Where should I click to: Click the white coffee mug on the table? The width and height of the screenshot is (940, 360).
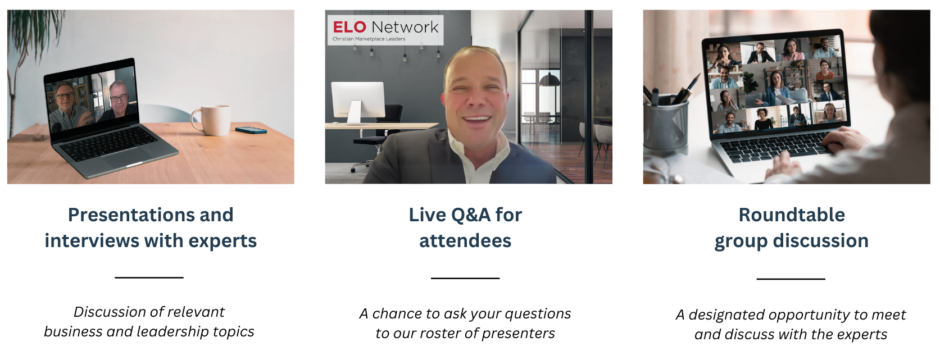(212, 120)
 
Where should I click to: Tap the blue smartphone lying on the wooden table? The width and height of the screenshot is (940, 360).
(251, 130)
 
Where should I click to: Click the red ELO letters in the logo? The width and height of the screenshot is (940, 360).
(349, 28)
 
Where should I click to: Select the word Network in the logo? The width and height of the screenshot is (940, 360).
(405, 28)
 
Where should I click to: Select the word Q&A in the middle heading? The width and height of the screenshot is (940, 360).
(470, 215)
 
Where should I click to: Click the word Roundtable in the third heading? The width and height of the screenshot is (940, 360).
(792, 215)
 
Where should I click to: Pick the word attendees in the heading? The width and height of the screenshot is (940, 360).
(465, 241)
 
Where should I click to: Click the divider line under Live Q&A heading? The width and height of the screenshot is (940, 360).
(465, 278)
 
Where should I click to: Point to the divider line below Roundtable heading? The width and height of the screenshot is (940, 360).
(791, 279)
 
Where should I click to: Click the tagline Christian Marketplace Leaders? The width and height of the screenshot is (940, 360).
(369, 39)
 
